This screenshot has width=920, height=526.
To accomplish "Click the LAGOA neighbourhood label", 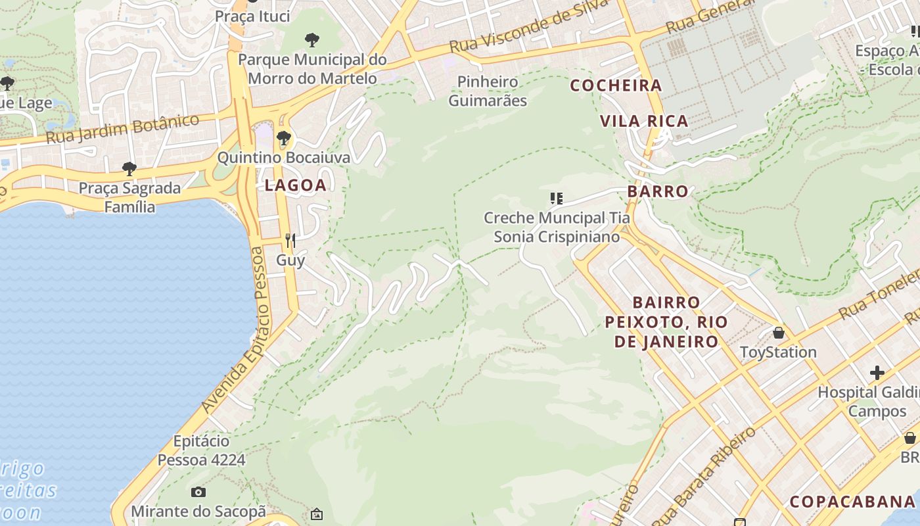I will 295,185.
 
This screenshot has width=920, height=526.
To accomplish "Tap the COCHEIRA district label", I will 616,85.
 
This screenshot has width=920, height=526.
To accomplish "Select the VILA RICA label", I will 644,121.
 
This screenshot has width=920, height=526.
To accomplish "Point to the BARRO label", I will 657,191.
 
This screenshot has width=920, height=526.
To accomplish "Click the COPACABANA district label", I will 852,502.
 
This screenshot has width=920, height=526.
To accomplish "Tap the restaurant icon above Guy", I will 290,241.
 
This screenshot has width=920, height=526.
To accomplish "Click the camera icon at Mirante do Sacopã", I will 198,492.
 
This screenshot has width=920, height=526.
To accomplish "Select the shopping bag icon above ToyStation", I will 779,333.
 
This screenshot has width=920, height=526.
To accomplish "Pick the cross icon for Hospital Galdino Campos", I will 877,373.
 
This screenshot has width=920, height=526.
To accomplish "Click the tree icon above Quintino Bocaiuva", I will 284,138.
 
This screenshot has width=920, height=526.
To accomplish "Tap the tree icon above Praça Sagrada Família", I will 129,169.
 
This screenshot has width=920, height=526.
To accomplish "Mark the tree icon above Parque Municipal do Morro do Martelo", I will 312,40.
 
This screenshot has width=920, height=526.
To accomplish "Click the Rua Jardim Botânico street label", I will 123,130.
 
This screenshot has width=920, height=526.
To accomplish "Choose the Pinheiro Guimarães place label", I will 488,91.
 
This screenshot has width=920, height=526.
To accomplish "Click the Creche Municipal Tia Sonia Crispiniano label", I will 557,227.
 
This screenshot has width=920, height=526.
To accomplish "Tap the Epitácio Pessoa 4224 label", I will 201,450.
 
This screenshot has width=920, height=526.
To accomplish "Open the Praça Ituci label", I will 252,16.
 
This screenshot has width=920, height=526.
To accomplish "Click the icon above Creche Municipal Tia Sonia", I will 557,198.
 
